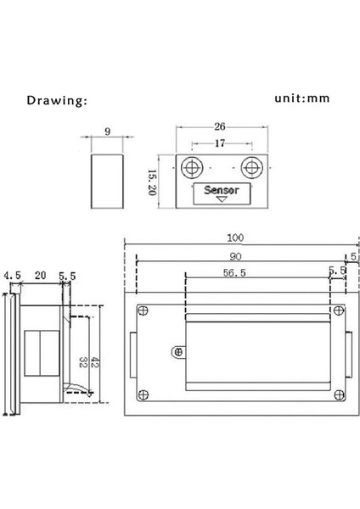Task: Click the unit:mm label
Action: coord(302,98)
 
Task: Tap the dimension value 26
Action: coord(220,126)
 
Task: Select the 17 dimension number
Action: coord(220,143)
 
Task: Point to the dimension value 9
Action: coord(108,131)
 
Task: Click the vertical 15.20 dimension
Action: coord(152,182)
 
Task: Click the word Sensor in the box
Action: coord(222,190)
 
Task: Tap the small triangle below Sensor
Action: coord(222,199)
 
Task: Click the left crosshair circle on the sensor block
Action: coord(192,168)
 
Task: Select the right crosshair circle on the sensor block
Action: coord(252,168)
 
